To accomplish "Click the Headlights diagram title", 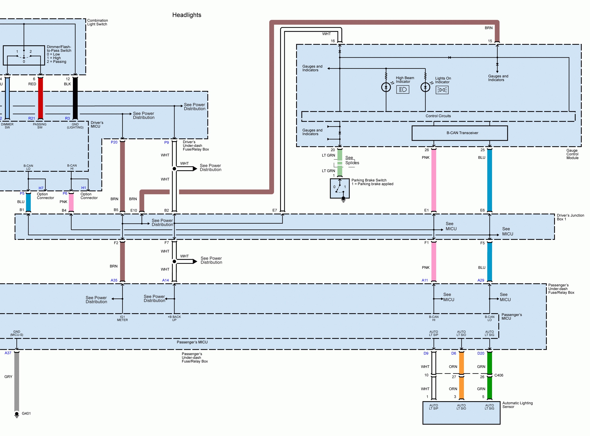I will [x=187, y=15].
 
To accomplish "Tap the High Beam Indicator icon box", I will [x=402, y=90].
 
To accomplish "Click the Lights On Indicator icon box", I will [x=442, y=90].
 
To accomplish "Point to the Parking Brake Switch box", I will [x=340, y=188].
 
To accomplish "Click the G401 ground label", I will [x=26, y=413].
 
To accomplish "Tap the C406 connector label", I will [x=499, y=375].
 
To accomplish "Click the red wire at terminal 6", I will [x=40, y=98].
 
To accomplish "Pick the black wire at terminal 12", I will [x=75, y=98].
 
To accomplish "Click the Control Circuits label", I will [x=438, y=116].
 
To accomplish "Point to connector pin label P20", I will [x=114, y=142].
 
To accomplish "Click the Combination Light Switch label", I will [x=97, y=22].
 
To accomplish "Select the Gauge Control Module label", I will [x=572, y=154].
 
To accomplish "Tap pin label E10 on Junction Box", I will [x=134, y=210].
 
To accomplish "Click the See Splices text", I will [x=352, y=160].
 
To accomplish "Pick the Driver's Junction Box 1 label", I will [x=570, y=217].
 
